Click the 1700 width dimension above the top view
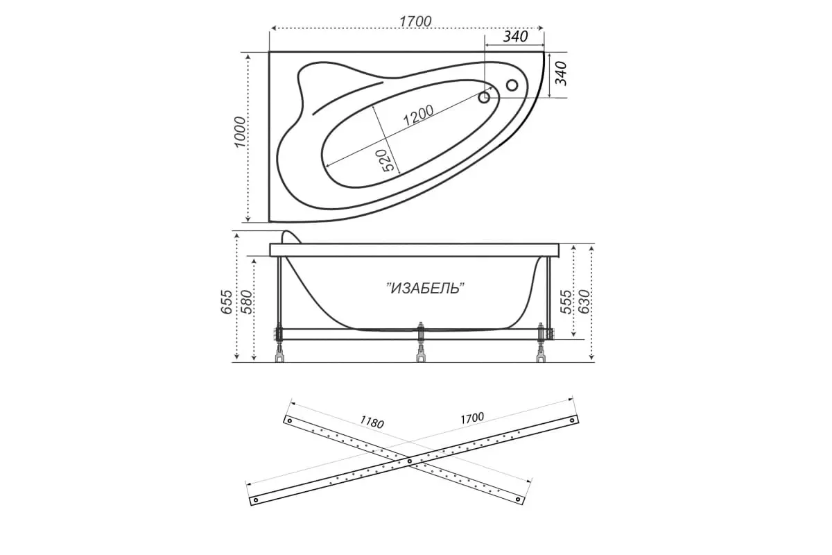(x=415, y=22)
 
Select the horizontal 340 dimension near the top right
(x=515, y=37)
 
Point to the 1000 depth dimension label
(x=240, y=132)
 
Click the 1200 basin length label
(x=418, y=115)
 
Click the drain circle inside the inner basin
(x=485, y=98)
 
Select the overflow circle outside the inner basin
(x=512, y=85)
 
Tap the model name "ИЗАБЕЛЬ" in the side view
(x=426, y=288)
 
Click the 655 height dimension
(x=227, y=302)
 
